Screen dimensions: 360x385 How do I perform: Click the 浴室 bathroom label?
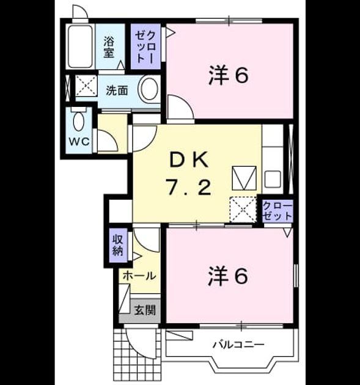(x=109, y=47)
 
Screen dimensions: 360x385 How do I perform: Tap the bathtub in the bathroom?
(x=80, y=46)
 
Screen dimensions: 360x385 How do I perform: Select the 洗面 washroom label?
(x=117, y=91)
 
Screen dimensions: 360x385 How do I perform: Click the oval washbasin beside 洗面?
(x=149, y=89)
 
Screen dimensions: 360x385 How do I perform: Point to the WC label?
(x=79, y=142)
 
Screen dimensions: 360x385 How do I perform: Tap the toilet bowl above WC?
(x=79, y=121)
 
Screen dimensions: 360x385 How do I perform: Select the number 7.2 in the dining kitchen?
(x=189, y=187)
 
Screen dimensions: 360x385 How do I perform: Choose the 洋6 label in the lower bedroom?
(x=228, y=276)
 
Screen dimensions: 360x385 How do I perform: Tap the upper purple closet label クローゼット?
(x=145, y=47)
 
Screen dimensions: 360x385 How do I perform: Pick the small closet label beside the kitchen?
(x=277, y=211)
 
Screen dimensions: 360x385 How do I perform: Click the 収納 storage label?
(x=117, y=246)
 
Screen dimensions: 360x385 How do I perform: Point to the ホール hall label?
(x=139, y=276)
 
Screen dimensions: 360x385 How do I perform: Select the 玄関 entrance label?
(x=145, y=310)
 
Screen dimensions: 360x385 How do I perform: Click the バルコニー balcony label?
(x=238, y=345)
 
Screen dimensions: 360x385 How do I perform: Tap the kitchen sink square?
(x=273, y=180)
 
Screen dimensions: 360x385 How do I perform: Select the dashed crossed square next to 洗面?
(x=86, y=86)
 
